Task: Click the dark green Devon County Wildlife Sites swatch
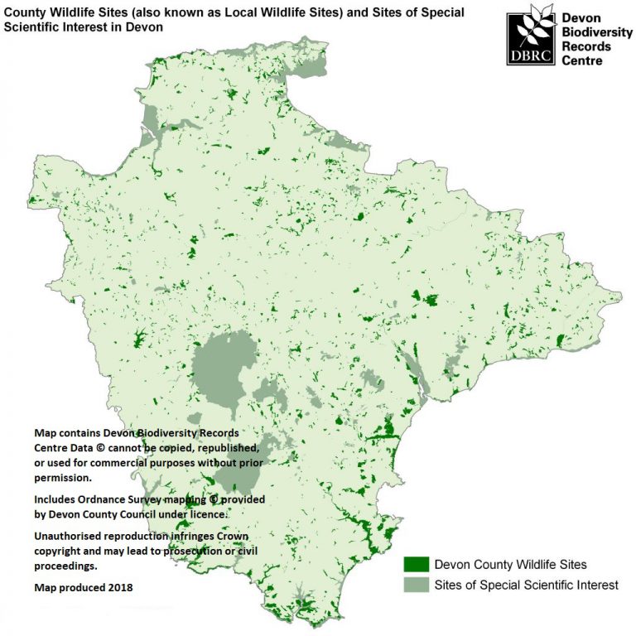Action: [417, 565]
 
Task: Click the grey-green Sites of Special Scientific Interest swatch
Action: [417, 585]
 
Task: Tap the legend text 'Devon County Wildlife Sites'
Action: [511, 565]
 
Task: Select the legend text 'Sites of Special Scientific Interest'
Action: [527, 585]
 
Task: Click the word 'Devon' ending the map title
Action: [146, 26]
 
